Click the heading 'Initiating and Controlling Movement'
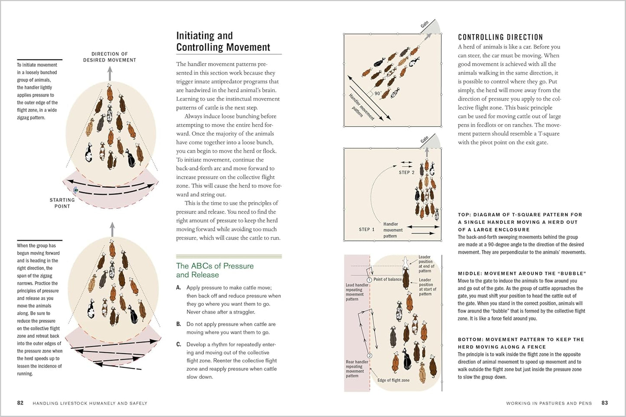coord(223,42)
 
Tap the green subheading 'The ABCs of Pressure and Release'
coord(214,270)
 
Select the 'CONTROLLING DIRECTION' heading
coord(500,37)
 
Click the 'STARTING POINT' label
coord(62,203)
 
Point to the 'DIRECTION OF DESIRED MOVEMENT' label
coord(110,57)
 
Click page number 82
coord(20,403)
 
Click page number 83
coord(604,403)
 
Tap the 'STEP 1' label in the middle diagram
coord(367,230)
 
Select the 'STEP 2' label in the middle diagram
coord(406,172)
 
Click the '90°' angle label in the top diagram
coord(378,94)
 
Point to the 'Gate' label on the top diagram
coord(425,25)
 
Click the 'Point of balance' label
coord(387,279)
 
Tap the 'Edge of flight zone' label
coord(393,380)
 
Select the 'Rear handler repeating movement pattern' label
coord(357,369)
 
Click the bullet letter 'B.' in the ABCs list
coord(178,324)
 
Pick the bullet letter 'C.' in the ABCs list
coord(178,344)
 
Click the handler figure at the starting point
coord(76,190)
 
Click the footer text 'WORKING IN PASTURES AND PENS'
coord(548,403)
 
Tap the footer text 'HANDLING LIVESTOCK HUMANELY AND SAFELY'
coord(90,403)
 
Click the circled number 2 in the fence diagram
coord(370,356)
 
